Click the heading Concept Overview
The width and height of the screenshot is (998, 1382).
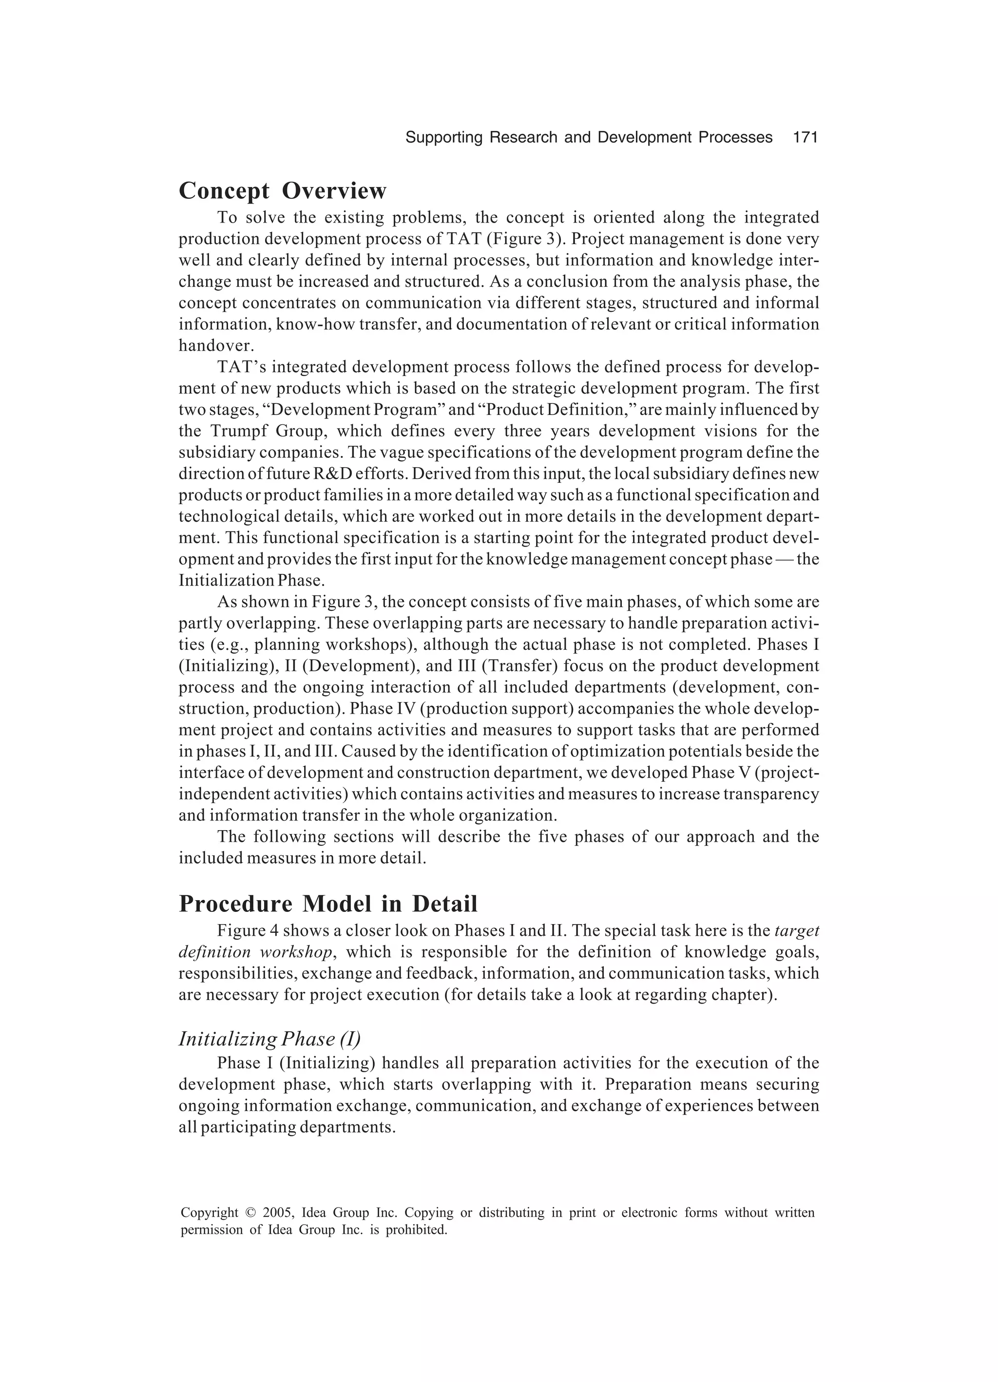pyautogui.click(x=282, y=191)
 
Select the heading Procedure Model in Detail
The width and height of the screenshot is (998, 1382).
pyautogui.click(x=328, y=904)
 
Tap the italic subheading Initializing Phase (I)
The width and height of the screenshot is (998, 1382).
pyautogui.click(x=269, y=1039)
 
